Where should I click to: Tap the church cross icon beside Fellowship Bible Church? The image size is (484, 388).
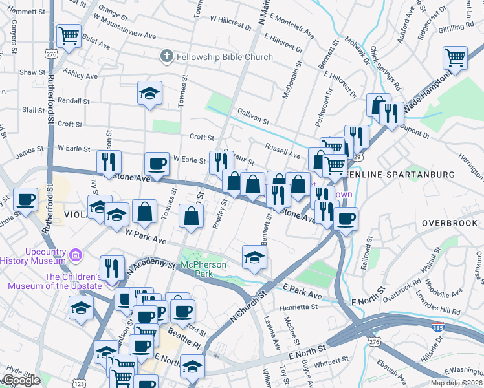tap(166, 56)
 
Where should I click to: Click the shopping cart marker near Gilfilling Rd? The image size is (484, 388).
tap(456, 58)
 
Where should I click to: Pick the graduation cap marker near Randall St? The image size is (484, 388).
tap(149, 93)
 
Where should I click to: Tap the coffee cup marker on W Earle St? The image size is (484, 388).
tap(157, 163)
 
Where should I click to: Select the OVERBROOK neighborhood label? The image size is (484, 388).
tap(448, 222)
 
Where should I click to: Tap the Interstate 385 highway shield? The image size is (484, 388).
tap(438, 327)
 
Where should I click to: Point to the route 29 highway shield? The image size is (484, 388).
tap(358, 156)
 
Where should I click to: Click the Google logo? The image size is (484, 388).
tap(21, 380)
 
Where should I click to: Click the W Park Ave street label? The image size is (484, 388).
tap(146, 236)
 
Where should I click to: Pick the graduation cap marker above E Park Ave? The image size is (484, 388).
tap(254, 258)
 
